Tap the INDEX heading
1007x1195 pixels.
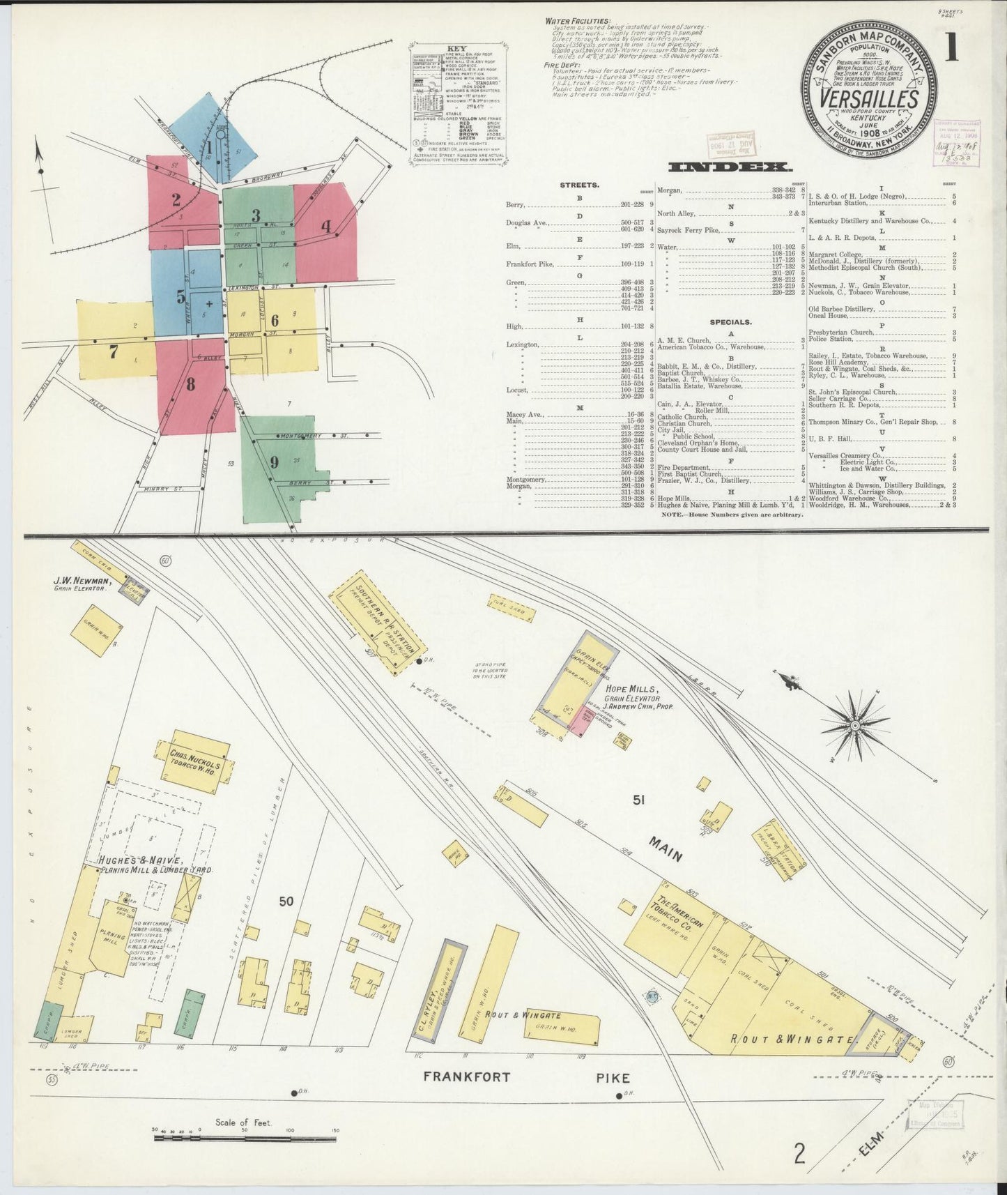(x=730, y=167)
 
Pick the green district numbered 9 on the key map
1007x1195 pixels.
(x=275, y=462)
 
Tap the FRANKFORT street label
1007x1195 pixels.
(x=468, y=1096)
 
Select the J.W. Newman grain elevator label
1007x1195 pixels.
(x=82, y=584)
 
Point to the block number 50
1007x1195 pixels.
(x=286, y=901)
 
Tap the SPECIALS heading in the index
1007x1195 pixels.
(x=730, y=322)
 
